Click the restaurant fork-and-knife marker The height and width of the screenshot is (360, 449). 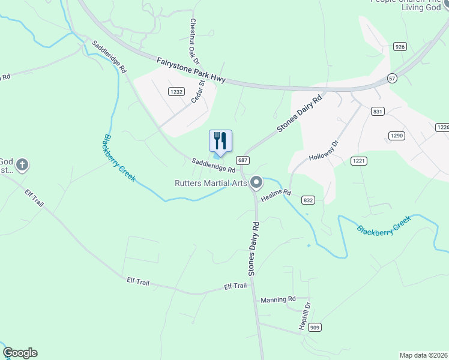220,141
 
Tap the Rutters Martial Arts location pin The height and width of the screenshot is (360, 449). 257,182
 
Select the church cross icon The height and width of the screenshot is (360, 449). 22,164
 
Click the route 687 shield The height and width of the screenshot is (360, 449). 243,160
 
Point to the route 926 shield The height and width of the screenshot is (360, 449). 399,46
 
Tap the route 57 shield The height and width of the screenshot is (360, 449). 392,78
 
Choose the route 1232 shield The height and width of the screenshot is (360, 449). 176,92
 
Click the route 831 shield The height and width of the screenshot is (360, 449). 378,112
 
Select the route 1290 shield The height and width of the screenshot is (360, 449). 396,136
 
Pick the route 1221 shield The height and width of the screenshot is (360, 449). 359,160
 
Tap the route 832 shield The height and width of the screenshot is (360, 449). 309,200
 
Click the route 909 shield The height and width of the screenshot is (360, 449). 316,327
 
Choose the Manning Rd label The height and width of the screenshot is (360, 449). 279,299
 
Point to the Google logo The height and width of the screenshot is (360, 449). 20,353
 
